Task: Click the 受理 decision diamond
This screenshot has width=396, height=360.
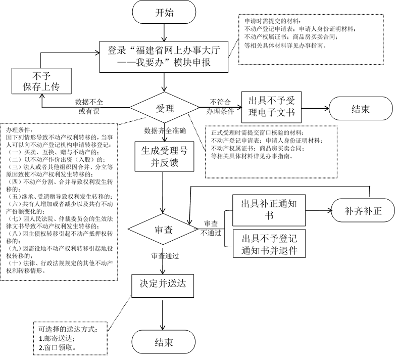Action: click(x=164, y=108)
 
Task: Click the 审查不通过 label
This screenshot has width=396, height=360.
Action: click(x=211, y=228)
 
